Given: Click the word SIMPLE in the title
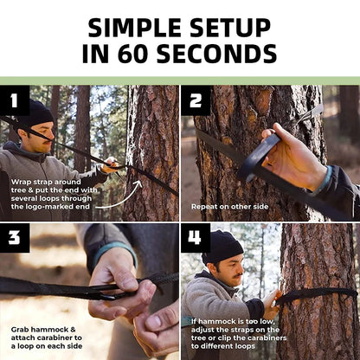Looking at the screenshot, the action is tap(135, 28).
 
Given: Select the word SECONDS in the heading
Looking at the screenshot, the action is tap(216, 54).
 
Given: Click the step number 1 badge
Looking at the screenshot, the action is tap(15, 100).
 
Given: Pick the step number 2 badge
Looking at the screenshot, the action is tap(196, 100).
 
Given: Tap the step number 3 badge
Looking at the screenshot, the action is tap(15, 238).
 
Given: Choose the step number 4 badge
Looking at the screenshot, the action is tap(196, 238).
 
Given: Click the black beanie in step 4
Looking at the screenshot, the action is tap(222, 247).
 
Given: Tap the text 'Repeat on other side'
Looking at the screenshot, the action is tap(230, 207).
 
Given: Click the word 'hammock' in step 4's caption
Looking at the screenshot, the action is tap(216, 321).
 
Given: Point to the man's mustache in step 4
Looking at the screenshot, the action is tap(238, 276).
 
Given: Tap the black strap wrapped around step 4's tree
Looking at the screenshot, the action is tap(318, 295).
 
